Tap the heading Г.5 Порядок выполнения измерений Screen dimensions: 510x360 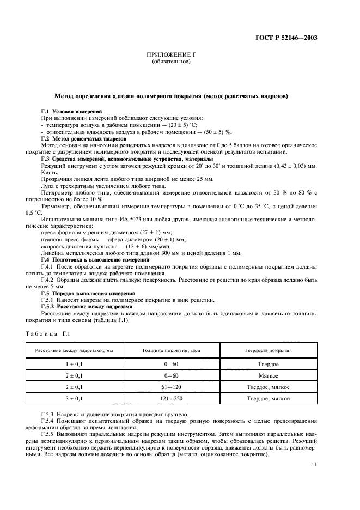click(89, 293)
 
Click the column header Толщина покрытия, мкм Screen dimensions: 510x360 click(168, 351)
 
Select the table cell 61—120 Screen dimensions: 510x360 click(168, 387)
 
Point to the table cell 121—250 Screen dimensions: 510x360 click(168, 399)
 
